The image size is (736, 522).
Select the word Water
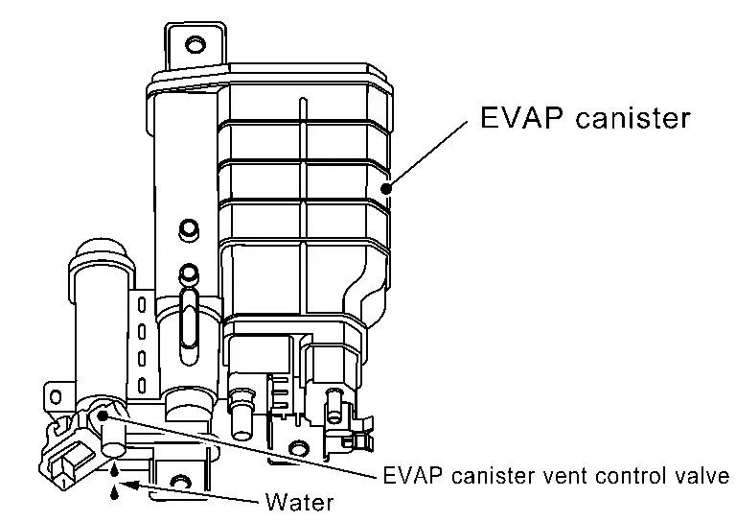click(300, 502)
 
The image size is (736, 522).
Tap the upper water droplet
click(115, 470)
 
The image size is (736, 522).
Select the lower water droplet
click(116, 491)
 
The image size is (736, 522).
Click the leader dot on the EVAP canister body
click(387, 188)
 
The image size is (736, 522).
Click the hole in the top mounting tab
click(195, 43)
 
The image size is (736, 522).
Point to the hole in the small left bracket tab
click(54, 394)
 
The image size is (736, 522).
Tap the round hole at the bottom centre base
click(299, 447)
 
